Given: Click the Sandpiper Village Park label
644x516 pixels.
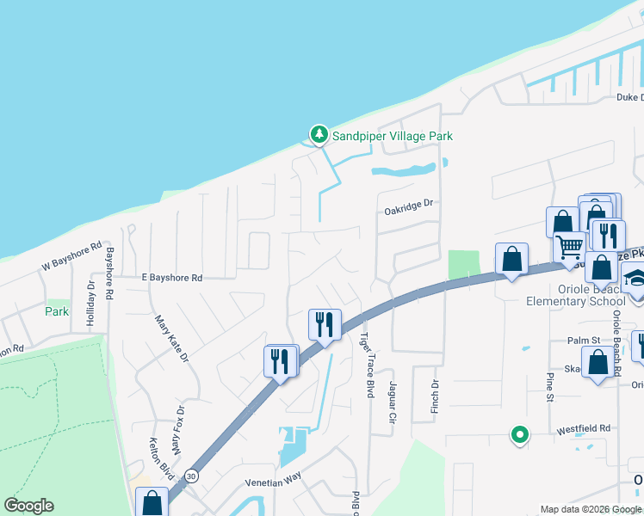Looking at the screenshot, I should click(393, 136).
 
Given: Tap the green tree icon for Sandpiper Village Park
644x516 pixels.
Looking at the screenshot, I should click(319, 134).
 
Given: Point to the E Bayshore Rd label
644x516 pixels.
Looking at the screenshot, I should click(172, 278).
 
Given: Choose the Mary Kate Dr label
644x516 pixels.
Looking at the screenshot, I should click(171, 339).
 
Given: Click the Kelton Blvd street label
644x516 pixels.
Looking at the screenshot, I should click(162, 452).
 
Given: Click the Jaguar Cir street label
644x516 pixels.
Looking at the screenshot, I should click(392, 402).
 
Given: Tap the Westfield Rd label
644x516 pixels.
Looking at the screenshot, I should click(587, 427).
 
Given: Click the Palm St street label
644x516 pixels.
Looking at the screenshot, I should click(583, 341).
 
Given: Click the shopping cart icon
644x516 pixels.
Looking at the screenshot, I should click(569, 248).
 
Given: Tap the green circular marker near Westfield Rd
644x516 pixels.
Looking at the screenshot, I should click(519, 436).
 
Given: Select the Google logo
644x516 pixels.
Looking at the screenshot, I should click(28, 506).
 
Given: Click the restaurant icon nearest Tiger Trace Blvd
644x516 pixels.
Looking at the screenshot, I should click(325, 325).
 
